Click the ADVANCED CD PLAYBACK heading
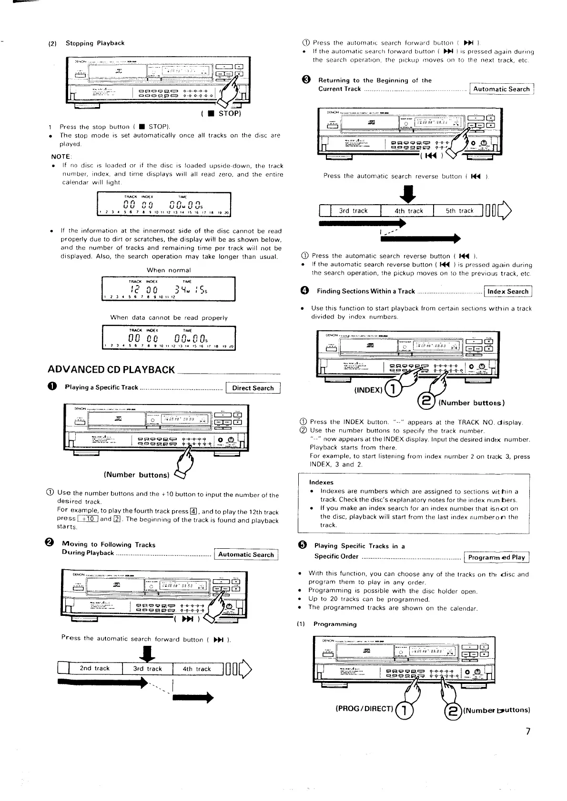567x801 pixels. point(111,370)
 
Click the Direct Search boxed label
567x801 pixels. point(253,388)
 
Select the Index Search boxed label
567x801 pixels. point(507,292)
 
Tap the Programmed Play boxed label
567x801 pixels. point(496,557)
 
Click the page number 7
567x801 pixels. point(527,731)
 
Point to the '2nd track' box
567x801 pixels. point(95,668)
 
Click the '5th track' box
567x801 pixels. point(459,211)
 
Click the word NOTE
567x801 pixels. point(61,157)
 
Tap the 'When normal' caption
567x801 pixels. point(169,270)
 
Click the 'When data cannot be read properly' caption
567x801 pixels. point(169,317)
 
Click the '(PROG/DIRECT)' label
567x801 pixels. point(364,708)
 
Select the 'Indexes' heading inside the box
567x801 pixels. point(321,482)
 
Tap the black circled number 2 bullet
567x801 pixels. point(52,544)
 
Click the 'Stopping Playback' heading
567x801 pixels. point(95,43)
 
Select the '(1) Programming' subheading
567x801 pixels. point(334,624)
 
